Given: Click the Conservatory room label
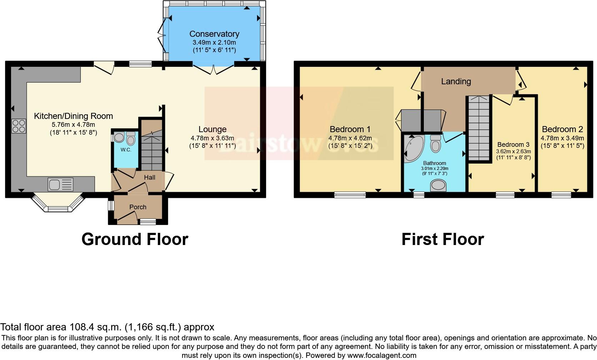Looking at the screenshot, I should pos(214,34).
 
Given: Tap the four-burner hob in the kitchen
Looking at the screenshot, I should pos(19,126).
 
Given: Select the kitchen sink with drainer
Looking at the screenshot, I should pos(60,185).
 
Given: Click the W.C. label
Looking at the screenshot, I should pos(126,150).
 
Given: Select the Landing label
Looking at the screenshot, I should pos(456,81).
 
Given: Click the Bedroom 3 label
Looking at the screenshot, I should pos(513,145).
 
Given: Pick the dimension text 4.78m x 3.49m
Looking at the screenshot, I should pos(562,138).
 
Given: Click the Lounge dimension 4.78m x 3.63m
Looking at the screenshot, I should pos(212,138).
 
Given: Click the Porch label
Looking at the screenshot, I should pos(137,207).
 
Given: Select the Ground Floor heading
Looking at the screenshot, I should pos(135,239).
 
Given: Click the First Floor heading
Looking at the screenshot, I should pos(442,239).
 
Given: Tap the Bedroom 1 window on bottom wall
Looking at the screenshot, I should pos(350,195).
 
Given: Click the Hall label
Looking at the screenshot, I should pos(149,177).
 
